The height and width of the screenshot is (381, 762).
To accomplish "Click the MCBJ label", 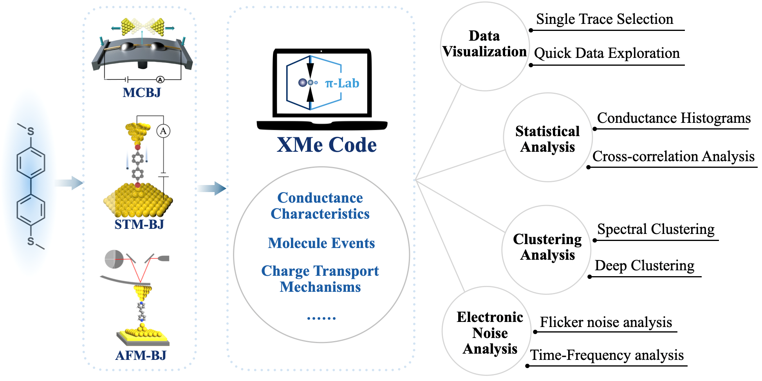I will pos(142,93).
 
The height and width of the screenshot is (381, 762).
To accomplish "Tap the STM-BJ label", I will pos(139,225).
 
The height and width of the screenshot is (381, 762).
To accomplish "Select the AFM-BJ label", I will pos(141,355).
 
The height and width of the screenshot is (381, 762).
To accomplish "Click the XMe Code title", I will pos(327,145).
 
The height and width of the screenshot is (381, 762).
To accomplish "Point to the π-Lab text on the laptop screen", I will pos(342,83).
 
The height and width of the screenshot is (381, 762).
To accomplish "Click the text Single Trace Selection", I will pos(605,19).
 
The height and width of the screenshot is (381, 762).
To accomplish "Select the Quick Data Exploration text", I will pos(607,53).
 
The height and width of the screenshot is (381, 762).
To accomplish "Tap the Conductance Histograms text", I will pos(674,118).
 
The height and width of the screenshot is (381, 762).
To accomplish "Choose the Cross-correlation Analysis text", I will pos(674,156).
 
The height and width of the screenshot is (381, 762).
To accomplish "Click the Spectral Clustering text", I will pos(656,229).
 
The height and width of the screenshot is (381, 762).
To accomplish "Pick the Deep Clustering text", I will pos(645,266).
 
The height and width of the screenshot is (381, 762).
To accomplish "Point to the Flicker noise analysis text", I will pos(606,322).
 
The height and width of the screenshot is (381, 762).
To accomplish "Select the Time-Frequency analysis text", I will pos(607,355).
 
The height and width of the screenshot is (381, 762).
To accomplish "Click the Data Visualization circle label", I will pos(484,44).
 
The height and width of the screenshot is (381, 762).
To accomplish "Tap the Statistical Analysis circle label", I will pos(547,139).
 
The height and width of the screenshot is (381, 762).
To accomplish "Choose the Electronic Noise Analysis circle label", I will pos(490,333).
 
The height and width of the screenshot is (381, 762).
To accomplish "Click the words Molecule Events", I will pos(321,243).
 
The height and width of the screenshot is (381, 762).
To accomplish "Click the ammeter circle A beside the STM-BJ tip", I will pos(163,131).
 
